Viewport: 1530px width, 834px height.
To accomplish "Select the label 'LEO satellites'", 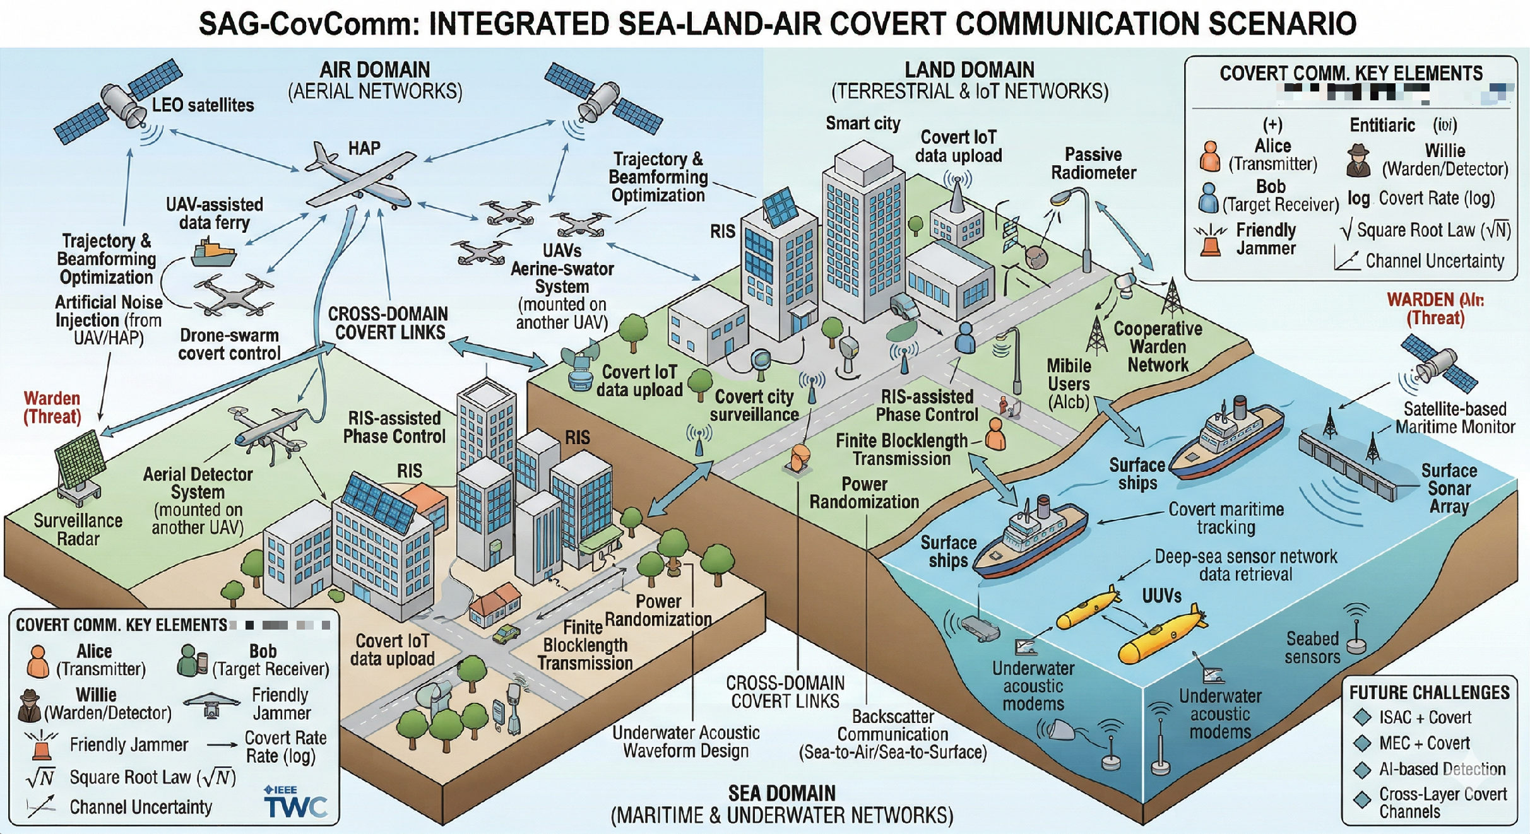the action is coord(203,105).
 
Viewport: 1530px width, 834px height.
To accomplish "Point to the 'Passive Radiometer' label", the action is coord(1093,163).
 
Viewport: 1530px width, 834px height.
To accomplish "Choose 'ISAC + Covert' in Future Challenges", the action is coord(1425,718).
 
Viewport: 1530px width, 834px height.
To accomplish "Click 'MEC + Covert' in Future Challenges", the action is coord(1424,744).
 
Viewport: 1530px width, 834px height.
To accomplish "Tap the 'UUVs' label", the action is coord(1161,596).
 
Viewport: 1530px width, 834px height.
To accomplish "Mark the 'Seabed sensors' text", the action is coord(1312,648).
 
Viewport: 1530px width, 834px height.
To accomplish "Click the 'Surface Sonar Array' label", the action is coord(1449,489).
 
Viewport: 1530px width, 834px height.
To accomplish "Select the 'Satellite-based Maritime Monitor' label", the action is coord(1455,418).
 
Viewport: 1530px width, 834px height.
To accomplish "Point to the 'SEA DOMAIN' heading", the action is coord(781,794).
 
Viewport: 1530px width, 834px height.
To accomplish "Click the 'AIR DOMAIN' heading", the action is coord(375,70).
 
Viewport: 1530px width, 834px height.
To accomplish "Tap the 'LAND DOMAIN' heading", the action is coord(970,70).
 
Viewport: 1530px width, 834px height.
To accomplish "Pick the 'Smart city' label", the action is coord(863,124).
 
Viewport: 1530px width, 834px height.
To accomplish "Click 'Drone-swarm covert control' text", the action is coord(229,344).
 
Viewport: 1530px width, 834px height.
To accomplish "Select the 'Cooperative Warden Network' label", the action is coord(1158,347).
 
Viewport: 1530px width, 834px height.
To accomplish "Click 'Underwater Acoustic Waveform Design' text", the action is coord(685,742).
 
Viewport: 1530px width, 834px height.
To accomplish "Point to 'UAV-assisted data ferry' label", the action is coord(215,214).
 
